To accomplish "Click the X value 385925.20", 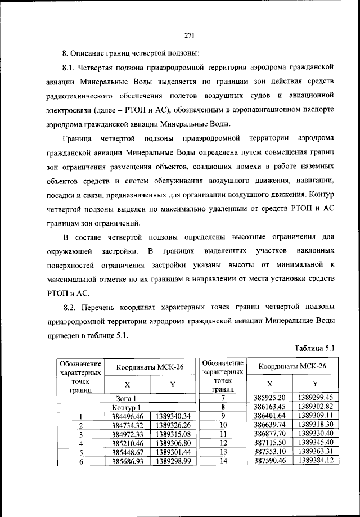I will click(x=270, y=398).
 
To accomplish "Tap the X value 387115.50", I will click(x=270, y=443).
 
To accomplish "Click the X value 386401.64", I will click(x=270, y=416).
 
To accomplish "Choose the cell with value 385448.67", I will click(x=127, y=452).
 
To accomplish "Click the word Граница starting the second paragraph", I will click(x=78, y=138).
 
